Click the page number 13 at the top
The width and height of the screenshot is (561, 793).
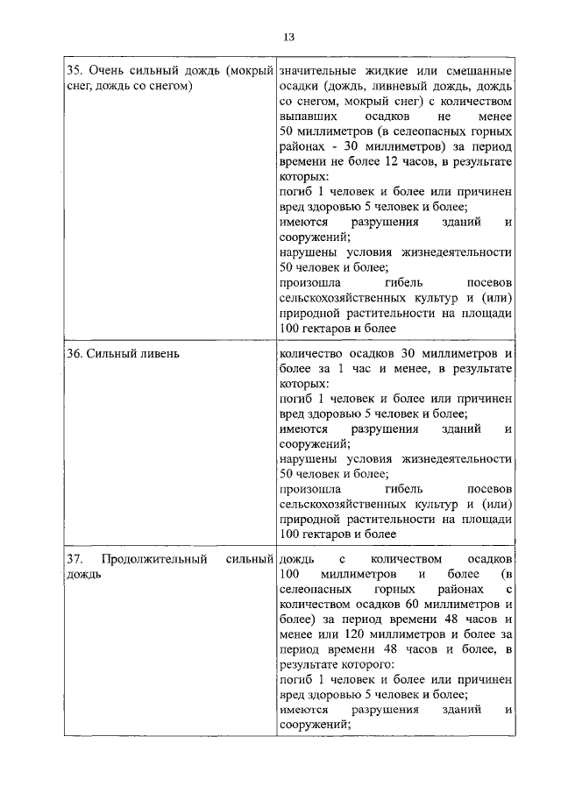[x=288, y=37]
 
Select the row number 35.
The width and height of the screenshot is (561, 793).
[x=75, y=69]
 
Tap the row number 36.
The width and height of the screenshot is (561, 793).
[x=75, y=353]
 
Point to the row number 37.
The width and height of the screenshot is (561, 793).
[x=75, y=558]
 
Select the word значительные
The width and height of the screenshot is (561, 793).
[x=319, y=69]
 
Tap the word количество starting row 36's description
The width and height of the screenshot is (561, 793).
[x=309, y=353]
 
